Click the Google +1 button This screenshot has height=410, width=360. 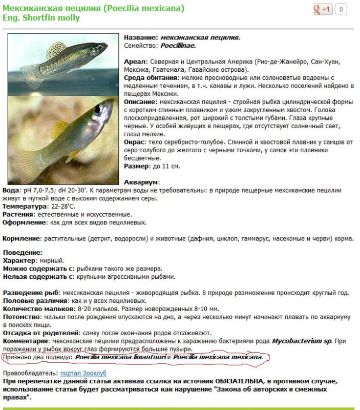(x=324, y=9)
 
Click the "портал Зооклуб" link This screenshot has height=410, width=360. (x=83, y=373)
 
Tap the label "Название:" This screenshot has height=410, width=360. (x=141, y=37)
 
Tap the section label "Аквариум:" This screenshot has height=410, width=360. (x=142, y=182)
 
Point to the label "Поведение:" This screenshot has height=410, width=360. (x=23, y=252)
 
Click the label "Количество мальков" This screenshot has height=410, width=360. (x=36, y=309)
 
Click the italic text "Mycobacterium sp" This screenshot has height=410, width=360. (x=301, y=340)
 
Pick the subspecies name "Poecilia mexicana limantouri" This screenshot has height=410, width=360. (x=120, y=357)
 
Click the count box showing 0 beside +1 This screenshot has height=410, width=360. (x=341, y=9)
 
